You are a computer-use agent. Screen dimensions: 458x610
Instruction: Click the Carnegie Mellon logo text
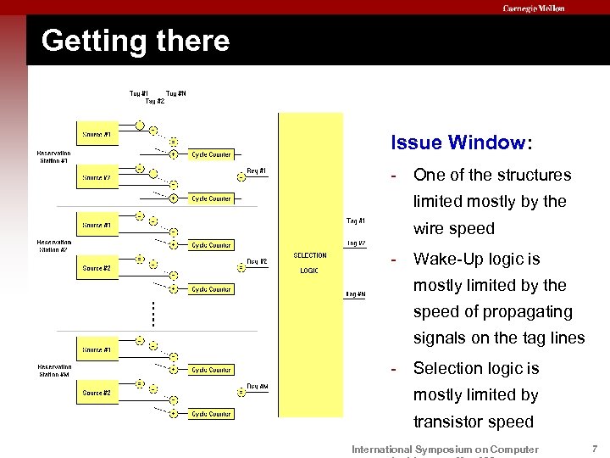pos(533,8)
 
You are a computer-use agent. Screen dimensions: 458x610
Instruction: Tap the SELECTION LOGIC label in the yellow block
pos(309,263)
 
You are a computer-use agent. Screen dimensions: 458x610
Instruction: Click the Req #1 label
pos(256,170)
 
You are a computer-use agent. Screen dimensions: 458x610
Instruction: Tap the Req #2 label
pos(257,261)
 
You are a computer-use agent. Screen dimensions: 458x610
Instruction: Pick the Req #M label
pos(258,386)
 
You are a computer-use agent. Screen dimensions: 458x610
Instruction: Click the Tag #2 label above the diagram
pos(155,101)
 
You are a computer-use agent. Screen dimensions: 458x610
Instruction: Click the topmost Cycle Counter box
pos(211,154)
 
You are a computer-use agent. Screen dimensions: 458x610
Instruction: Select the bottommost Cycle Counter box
pos(211,414)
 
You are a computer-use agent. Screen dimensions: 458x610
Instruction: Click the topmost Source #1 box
pos(96,134)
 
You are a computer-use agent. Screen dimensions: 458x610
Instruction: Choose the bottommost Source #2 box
pos(96,393)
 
